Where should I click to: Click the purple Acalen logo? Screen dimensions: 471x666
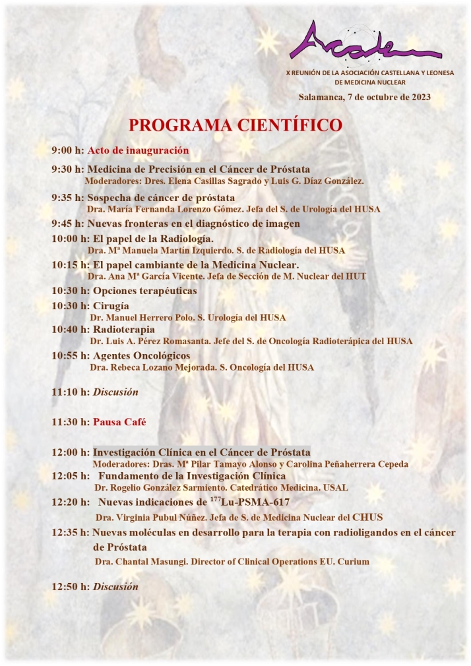point(365,42)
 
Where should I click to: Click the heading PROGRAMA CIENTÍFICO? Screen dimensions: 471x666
point(235,125)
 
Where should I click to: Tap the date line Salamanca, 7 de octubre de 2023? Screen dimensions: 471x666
point(364,97)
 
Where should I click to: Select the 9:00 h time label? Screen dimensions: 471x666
point(68,150)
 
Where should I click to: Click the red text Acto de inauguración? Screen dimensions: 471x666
point(138,150)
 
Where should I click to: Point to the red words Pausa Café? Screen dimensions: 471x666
point(119,421)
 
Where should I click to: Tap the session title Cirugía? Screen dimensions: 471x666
point(111,306)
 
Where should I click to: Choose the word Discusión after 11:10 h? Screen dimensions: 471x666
point(115,392)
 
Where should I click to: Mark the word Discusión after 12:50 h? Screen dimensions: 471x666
point(115,586)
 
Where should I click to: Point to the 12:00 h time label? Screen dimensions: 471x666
point(71,452)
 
